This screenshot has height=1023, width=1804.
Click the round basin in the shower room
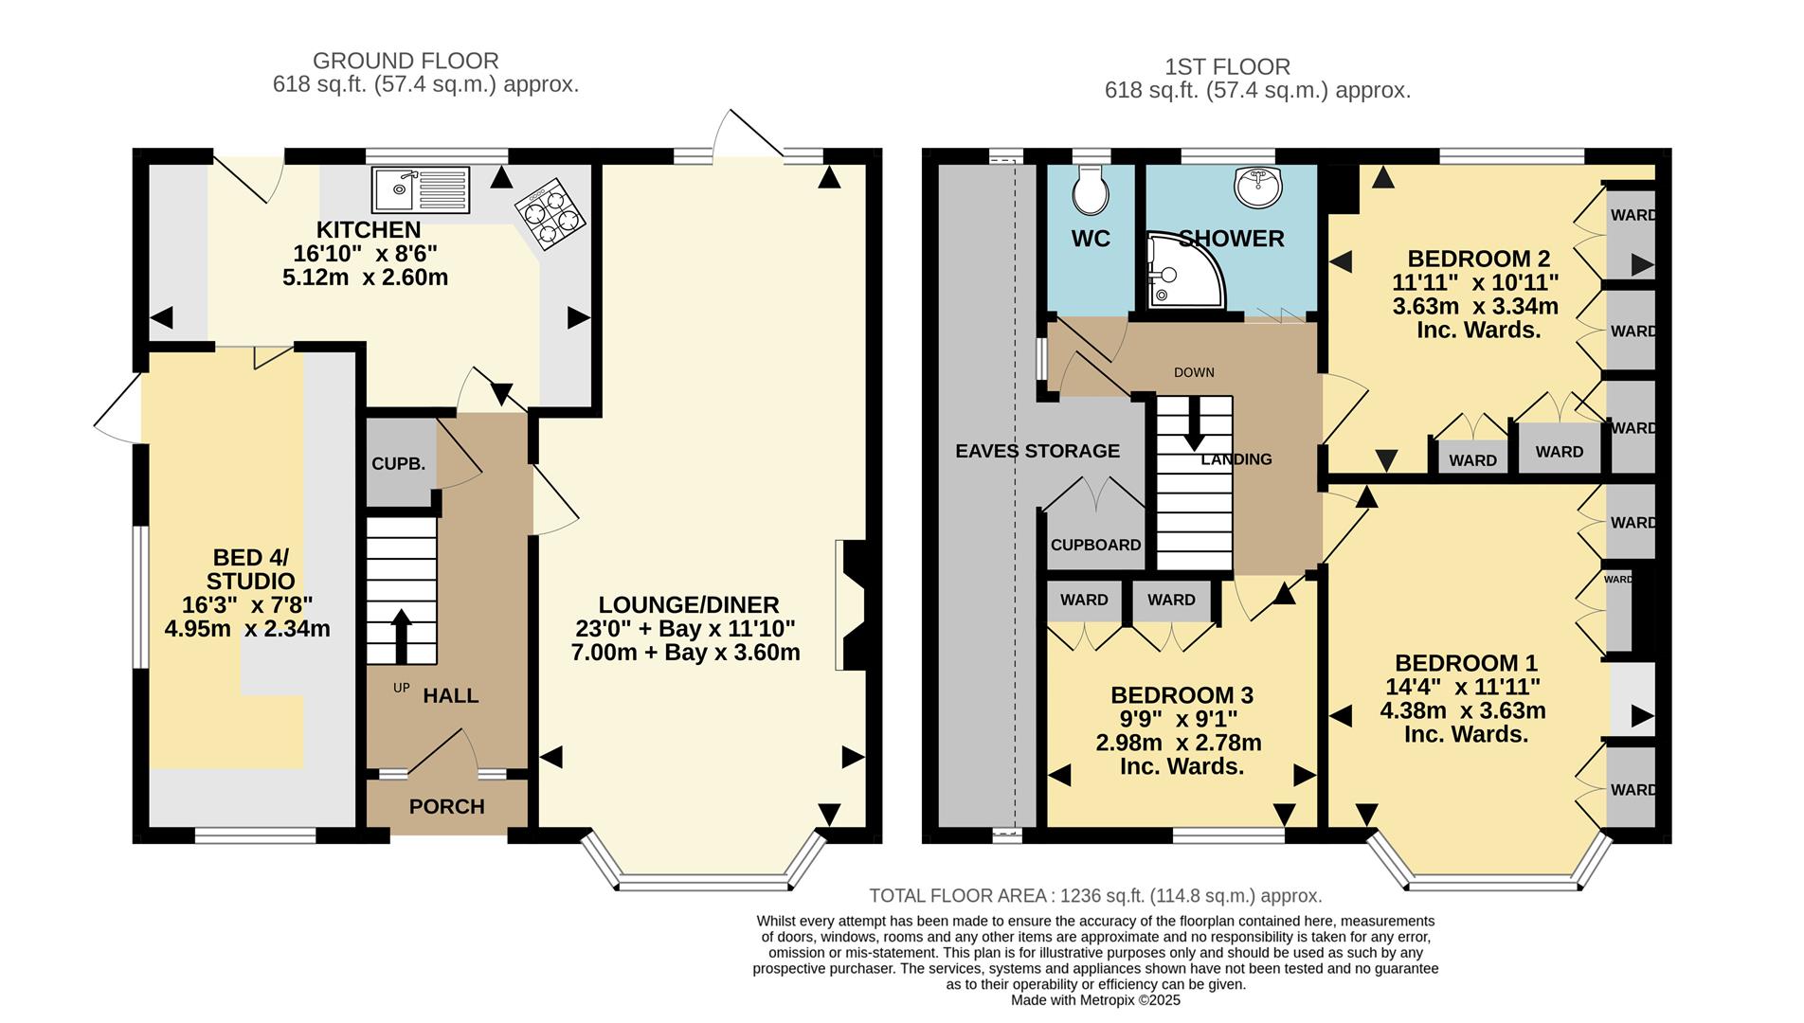click(1258, 186)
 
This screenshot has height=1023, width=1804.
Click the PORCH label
click(446, 807)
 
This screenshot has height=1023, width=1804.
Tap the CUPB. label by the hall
click(398, 464)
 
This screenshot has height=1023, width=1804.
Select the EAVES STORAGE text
click(1037, 451)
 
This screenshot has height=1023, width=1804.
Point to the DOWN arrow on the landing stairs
click(1194, 424)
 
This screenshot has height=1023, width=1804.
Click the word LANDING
click(1236, 459)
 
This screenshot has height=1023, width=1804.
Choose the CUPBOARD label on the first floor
click(1095, 546)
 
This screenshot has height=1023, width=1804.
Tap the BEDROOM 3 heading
click(1182, 695)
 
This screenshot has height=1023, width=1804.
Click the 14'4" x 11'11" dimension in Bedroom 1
click(1462, 687)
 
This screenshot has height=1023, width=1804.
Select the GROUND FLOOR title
click(406, 61)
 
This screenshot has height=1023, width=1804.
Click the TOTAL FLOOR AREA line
click(1095, 896)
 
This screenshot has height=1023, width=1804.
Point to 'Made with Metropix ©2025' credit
click(1095, 1000)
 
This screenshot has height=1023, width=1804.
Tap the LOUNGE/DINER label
click(688, 604)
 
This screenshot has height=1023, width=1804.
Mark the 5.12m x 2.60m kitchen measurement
click(365, 278)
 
